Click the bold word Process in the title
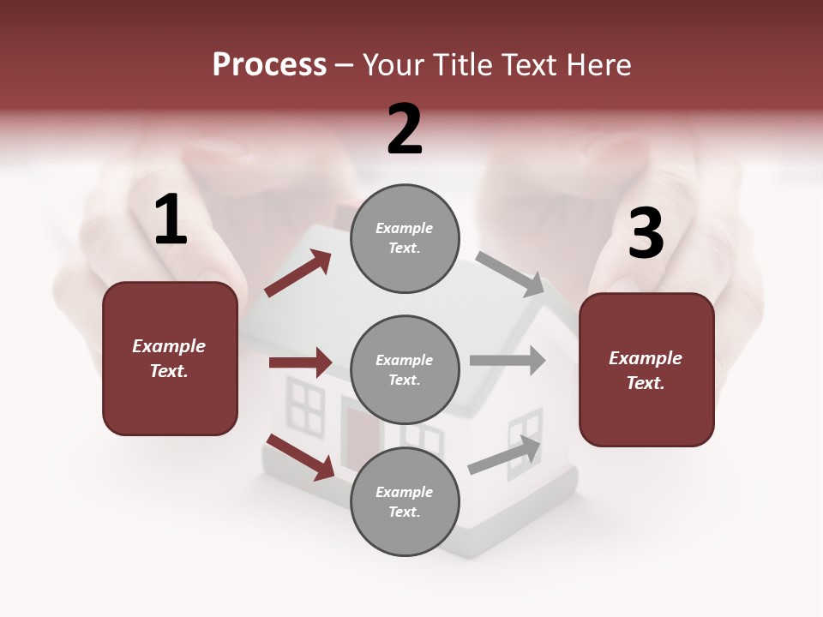(269, 65)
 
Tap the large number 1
(171, 220)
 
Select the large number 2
(405, 129)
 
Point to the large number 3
(646, 233)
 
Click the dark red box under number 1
(170, 358)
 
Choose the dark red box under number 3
(646, 370)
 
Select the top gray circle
(405, 238)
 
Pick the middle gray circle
(405, 370)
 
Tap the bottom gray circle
(405, 502)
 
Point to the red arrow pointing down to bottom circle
(301, 457)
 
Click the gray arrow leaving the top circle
(510, 274)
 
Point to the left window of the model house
(304, 405)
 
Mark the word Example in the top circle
(405, 229)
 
